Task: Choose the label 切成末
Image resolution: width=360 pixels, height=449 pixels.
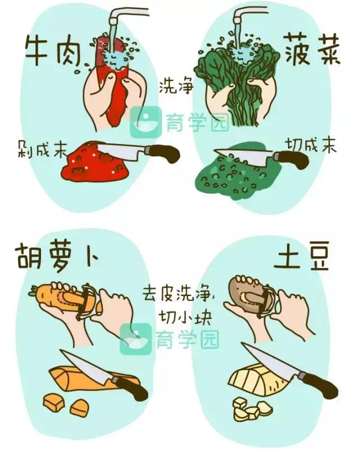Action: (x=311, y=146)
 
